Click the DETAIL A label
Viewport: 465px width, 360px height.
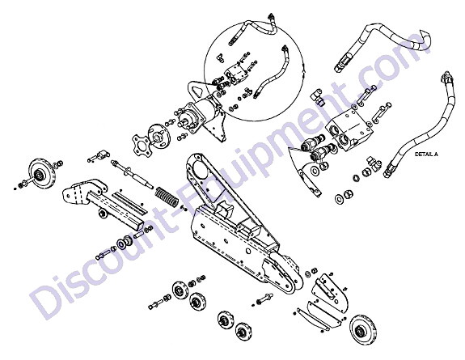(x=426, y=155)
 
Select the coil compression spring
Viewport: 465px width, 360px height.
(x=167, y=197)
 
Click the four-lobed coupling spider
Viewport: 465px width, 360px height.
(x=141, y=145)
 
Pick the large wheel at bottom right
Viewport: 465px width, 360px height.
(x=363, y=330)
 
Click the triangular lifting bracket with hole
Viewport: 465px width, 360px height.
(x=196, y=90)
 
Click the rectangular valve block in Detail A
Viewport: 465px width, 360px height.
(x=349, y=130)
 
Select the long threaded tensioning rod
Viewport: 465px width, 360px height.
(x=133, y=175)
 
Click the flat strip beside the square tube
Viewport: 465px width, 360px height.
(x=129, y=203)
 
